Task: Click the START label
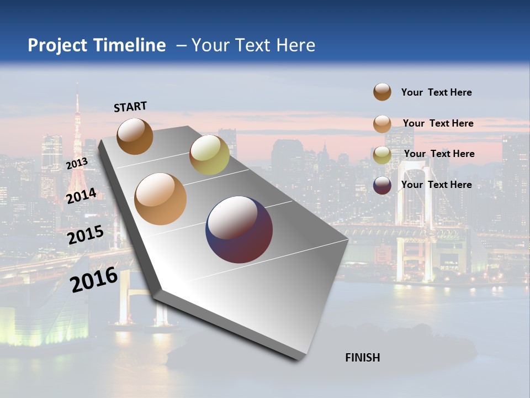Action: [130, 107]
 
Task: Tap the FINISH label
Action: [362, 358]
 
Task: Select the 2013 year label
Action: [77, 164]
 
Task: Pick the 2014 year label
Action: [81, 196]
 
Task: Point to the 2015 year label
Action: [86, 235]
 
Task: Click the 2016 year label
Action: [94, 280]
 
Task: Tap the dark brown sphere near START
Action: [135, 136]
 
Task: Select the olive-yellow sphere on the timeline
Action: [209, 155]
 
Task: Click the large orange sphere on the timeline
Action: [160, 199]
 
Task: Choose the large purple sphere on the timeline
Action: [239, 229]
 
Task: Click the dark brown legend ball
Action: [382, 92]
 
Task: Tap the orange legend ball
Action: [382, 124]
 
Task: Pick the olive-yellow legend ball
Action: [382, 154]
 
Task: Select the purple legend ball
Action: [382, 185]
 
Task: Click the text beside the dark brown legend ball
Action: [436, 92]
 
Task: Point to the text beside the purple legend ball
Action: [436, 185]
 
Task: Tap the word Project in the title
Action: [57, 45]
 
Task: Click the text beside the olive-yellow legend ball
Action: [439, 154]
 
